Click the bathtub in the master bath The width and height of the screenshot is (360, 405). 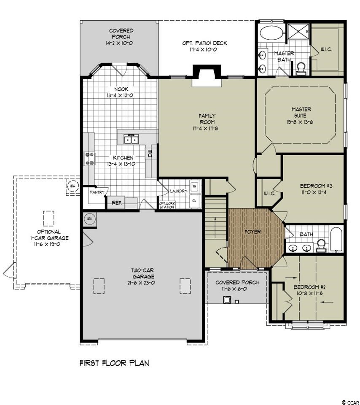tap(271, 33)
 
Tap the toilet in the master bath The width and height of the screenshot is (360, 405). tap(301, 69)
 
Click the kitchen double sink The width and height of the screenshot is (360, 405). tap(132, 140)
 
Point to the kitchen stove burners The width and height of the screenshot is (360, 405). tap(89, 159)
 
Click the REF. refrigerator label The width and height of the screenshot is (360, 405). tap(117, 203)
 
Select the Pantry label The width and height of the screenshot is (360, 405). tap(97, 192)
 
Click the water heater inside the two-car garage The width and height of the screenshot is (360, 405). tap(89, 219)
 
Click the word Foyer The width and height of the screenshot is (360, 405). tap(253, 232)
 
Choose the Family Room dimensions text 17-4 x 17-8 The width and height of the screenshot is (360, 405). tap(205, 128)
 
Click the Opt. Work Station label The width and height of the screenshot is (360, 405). tap(167, 205)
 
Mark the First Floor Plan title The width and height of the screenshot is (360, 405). tap(114, 363)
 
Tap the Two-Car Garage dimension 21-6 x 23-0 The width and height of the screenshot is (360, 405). tap(141, 283)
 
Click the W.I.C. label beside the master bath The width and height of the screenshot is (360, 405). tap(326, 49)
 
